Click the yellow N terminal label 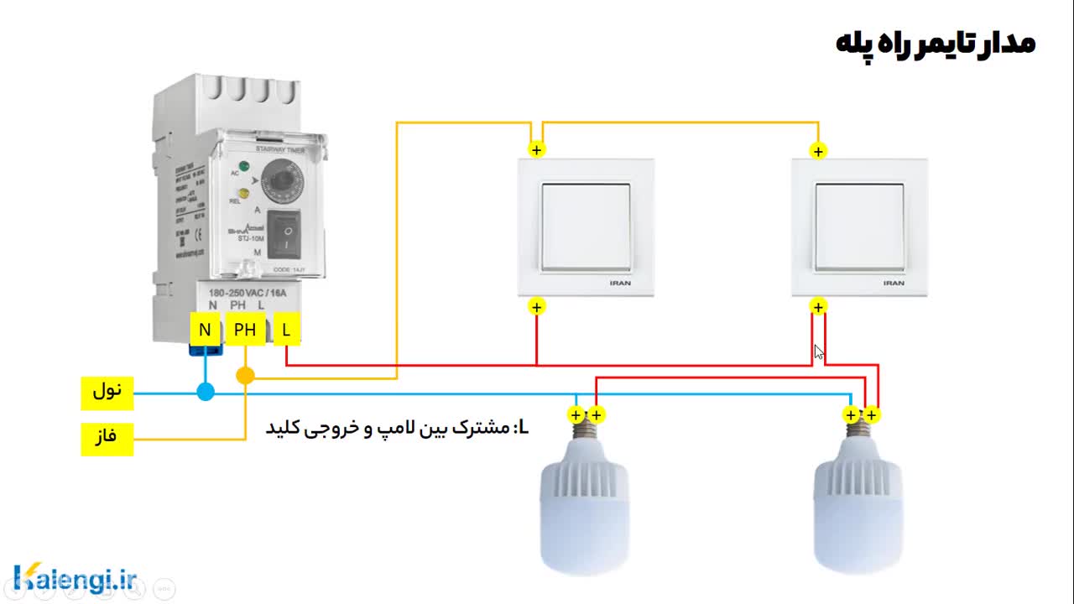pyautogui.click(x=205, y=331)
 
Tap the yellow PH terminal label pyautogui.click(x=245, y=331)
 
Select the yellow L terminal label pyautogui.click(x=286, y=331)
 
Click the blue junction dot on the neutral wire pyautogui.click(x=206, y=392)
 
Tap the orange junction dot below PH pyautogui.click(x=245, y=376)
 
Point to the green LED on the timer pyautogui.click(x=244, y=165)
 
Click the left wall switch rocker pyautogui.click(x=585, y=227)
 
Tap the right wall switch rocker pyautogui.click(x=859, y=227)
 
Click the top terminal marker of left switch pyautogui.click(x=537, y=150)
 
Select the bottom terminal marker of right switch pyautogui.click(x=818, y=307)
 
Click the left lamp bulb pyautogui.click(x=585, y=503)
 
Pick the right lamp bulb pyautogui.click(x=858, y=503)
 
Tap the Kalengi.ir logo pyautogui.click(x=76, y=578)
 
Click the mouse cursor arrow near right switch pyautogui.click(x=819, y=352)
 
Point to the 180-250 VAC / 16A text pyautogui.click(x=248, y=293)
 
